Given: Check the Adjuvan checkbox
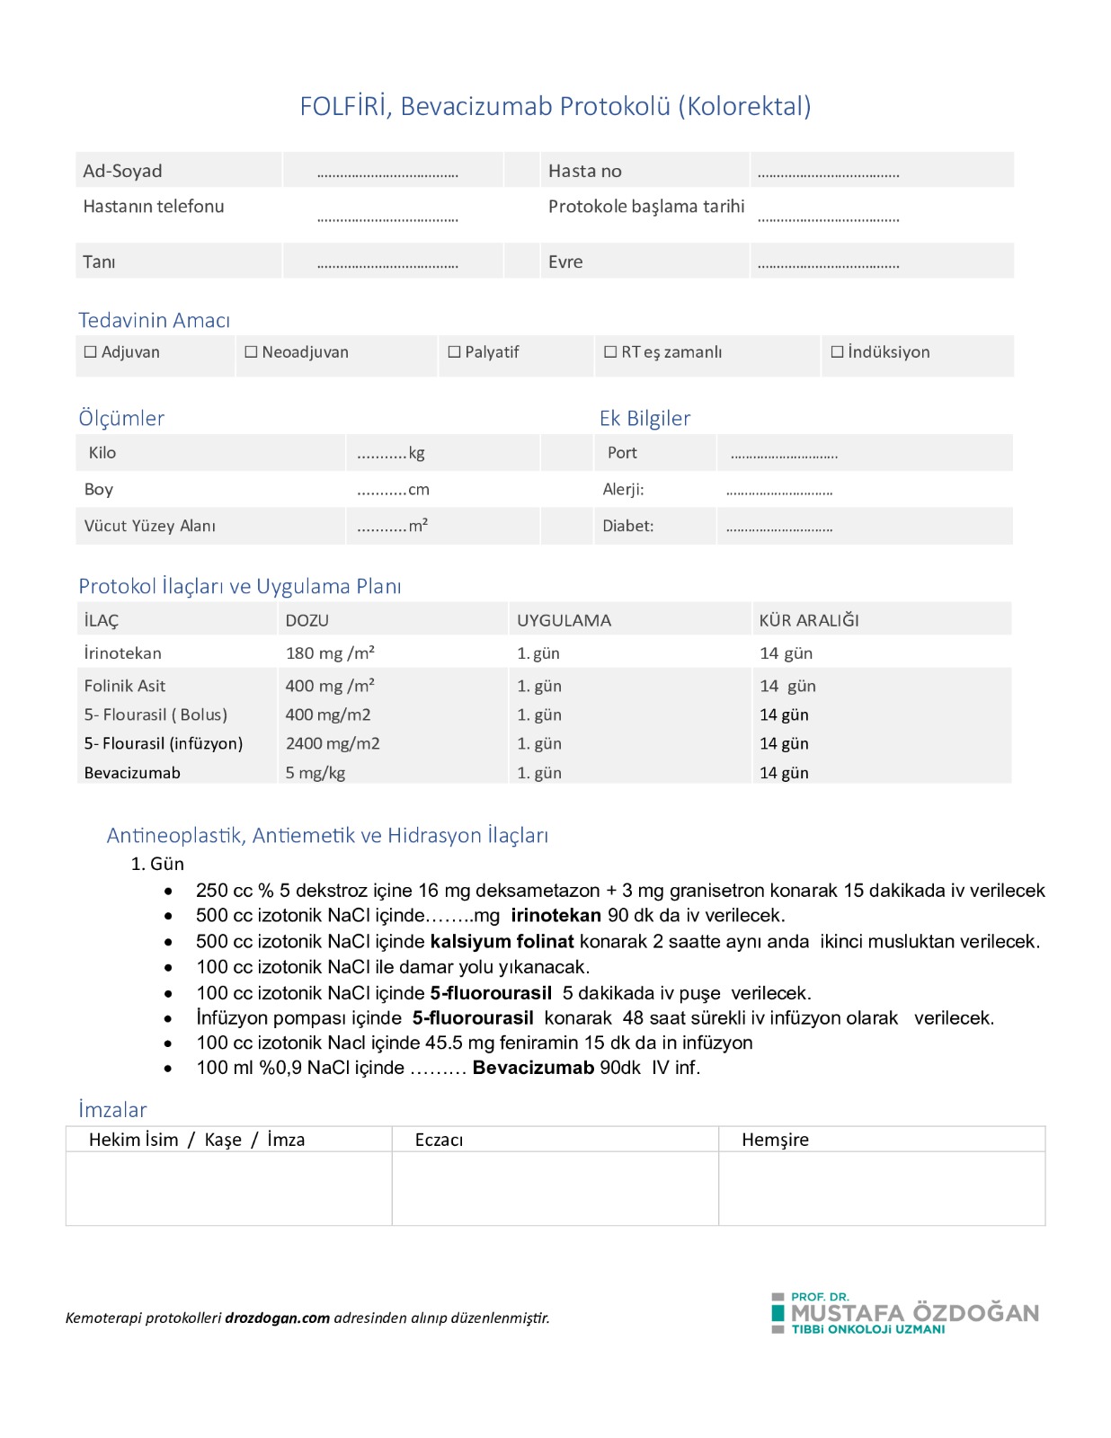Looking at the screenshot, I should click(90, 352).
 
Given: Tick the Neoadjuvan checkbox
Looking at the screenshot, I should click(251, 352).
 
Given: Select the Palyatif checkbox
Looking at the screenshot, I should click(454, 352).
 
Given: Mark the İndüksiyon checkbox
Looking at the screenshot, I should click(837, 352).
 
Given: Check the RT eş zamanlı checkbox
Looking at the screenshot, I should click(610, 352).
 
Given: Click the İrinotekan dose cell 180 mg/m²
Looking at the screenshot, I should click(330, 653).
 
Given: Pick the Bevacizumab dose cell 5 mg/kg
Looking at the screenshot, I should click(316, 773).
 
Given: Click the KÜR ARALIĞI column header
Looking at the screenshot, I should click(809, 620).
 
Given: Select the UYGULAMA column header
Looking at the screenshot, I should click(564, 620).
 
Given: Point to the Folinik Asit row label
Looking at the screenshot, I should click(125, 687).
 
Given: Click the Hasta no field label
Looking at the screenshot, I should click(585, 171).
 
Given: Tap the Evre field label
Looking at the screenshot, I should click(565, 262).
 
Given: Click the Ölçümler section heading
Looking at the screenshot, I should click(121, 418).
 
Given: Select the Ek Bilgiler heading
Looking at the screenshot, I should click(644, 418).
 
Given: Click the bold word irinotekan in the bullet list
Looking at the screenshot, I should click(555, 916).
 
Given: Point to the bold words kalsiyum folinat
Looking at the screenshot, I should click(502, 942).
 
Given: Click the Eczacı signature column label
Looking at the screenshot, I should click(439, 1140).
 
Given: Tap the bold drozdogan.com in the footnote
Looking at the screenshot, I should click(277, 1318).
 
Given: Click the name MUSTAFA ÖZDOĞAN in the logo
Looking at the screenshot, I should click(914, 1313).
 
